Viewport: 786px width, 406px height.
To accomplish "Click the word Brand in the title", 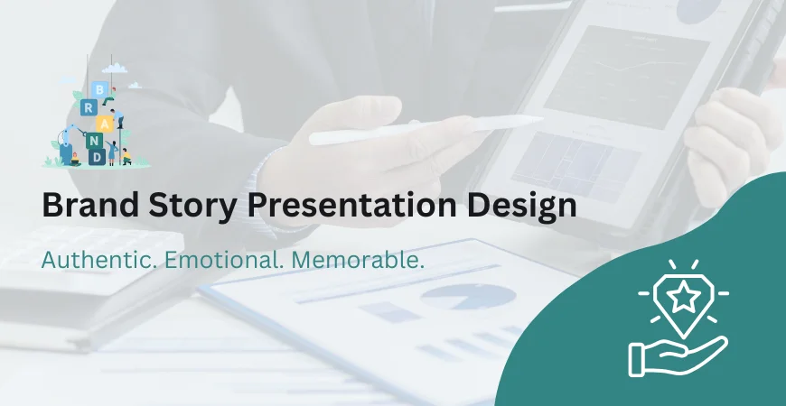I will [83, 206].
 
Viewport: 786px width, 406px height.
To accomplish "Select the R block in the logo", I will [87, 107].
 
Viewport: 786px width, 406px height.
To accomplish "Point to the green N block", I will [97, 141].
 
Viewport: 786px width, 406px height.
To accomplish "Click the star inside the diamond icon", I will [683, 295].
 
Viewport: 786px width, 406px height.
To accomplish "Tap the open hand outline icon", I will [676, 353].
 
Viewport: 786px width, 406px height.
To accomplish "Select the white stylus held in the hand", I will [425, 129].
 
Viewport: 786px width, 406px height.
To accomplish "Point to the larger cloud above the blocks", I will [114, 67].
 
